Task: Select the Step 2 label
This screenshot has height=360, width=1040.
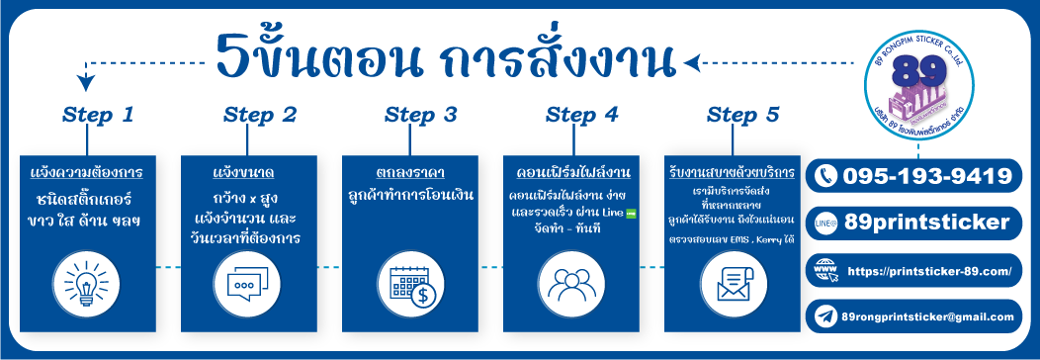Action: [x=260, y=115]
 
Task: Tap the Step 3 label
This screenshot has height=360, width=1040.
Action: [x=420, y=115]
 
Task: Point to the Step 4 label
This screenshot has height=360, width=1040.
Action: [x=581, y=115]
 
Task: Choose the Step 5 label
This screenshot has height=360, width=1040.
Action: [x=743, y=115]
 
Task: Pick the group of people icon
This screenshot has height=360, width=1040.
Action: [x=568, y=282]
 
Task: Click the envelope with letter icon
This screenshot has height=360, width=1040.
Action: [x=730, y=282]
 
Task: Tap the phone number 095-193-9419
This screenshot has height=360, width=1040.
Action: [x=927, y=176]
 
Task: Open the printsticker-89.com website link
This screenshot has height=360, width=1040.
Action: [x=929, y=270]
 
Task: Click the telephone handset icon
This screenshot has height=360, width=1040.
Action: [x=824, y=177]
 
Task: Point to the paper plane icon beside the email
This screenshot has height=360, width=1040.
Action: [x=824, y=316]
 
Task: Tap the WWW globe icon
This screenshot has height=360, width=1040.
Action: [x=825, y=270]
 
